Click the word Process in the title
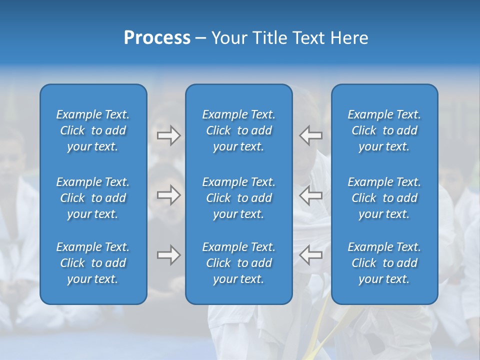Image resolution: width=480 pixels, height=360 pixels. [x=157, y=38]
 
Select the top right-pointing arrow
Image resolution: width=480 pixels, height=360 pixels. [x=168, y=135]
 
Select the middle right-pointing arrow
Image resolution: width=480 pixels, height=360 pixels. [x=168, y=195]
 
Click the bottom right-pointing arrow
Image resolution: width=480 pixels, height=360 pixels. [x=168, y=255]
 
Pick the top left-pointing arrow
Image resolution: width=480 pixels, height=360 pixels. [x=310, y=135]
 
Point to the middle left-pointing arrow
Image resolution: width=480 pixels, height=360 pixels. [x=310, y=195]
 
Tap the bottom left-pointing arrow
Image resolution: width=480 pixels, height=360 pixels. [x=310, y=255]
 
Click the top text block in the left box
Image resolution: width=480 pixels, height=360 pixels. [x=93, y=130]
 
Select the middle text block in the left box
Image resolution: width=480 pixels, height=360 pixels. [x=93, y=198]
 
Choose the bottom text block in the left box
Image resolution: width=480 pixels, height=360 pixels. [x=93, y=263]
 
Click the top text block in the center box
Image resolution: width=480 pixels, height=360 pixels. [x=238, y=130]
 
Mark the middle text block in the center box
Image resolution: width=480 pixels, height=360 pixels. [x=238, y=198]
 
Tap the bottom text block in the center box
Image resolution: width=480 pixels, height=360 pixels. [x=238, y=263]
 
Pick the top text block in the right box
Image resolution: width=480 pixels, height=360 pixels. [x=384, y=130]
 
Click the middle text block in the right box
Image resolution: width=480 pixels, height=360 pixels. [x=384, y=198]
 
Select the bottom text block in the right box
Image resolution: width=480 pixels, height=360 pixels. [x=384, y=263]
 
